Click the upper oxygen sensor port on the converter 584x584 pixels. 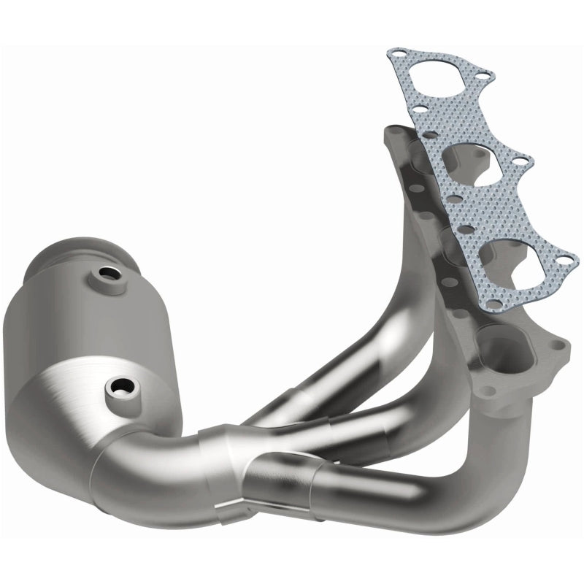click(x=111, y=277)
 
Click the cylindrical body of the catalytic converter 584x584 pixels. click(x=80, y=321)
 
